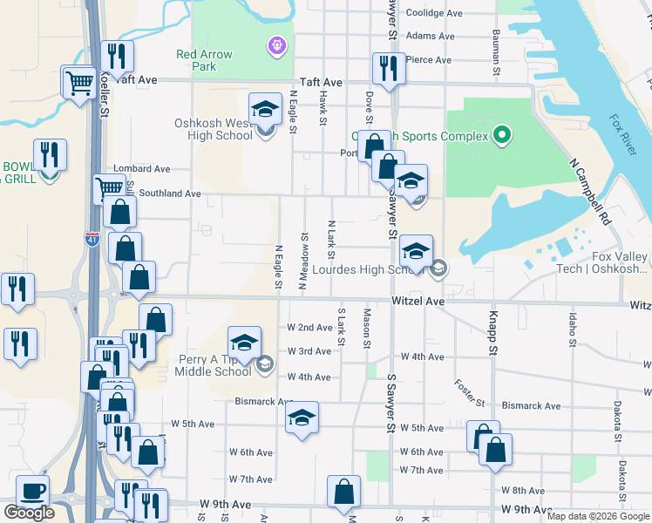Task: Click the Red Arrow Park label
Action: [204, 60]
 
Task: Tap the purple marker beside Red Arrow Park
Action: [277, 43]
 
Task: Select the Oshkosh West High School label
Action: [214, 129]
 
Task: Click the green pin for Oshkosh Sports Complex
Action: [500, 135]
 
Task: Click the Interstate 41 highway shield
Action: [92, 237]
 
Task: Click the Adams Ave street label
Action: [431, 37]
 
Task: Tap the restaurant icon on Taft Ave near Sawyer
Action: [387, 68]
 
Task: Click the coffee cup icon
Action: [33, 490]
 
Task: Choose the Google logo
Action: [29, 513]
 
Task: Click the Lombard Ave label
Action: [141, 169]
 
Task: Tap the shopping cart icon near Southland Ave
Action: [109, 187]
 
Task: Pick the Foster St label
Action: [469, 392]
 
